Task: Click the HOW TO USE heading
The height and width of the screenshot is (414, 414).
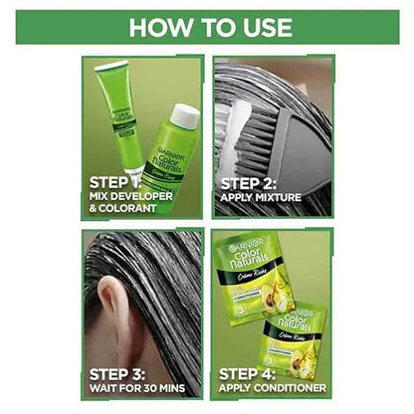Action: coord(207,26)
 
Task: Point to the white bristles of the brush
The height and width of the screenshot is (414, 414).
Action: coord(238,109)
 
